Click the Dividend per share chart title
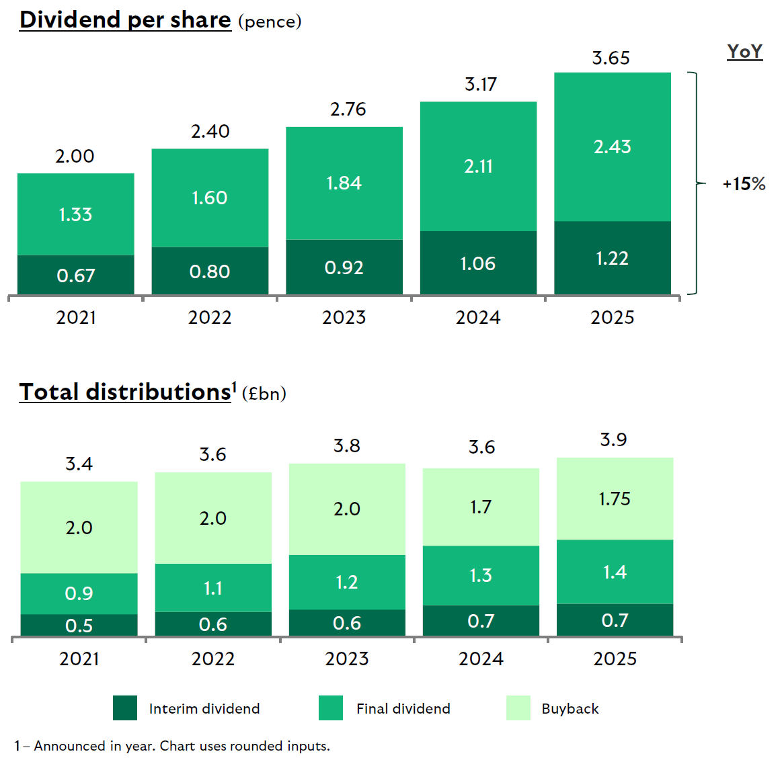125,20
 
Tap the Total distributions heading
125,392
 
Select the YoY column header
744,52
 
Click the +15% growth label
744,184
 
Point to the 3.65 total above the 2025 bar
611,58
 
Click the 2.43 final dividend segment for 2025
612,146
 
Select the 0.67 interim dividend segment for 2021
75,276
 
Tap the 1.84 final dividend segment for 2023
344,183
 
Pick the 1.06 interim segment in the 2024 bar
477,263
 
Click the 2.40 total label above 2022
210,132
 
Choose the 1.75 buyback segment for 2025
615,499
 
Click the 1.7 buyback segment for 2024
480,507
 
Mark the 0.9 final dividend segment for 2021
79,593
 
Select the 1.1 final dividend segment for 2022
212,588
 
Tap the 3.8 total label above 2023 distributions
347,446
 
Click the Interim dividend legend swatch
125,708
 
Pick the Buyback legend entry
570,708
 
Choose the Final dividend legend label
403,708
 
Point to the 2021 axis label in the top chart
75,317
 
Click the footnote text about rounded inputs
172,746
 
